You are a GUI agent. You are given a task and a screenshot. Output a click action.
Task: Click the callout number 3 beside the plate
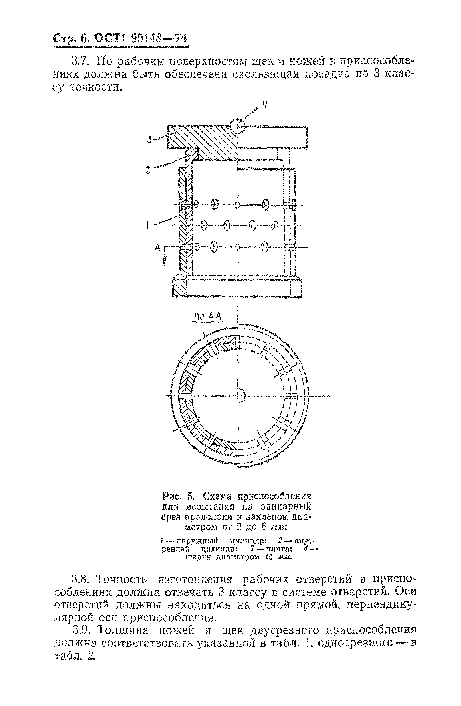coord(149,139)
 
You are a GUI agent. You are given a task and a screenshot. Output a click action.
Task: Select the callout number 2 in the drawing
coord(148,170)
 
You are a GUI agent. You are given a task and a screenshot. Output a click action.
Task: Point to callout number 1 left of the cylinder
coord(147,226)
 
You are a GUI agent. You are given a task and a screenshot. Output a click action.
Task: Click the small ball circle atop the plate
coord(237,126)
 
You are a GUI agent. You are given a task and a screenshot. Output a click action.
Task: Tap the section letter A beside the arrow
coord(158,247)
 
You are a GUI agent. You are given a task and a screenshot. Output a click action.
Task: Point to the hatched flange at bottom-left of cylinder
coord(180,287)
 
